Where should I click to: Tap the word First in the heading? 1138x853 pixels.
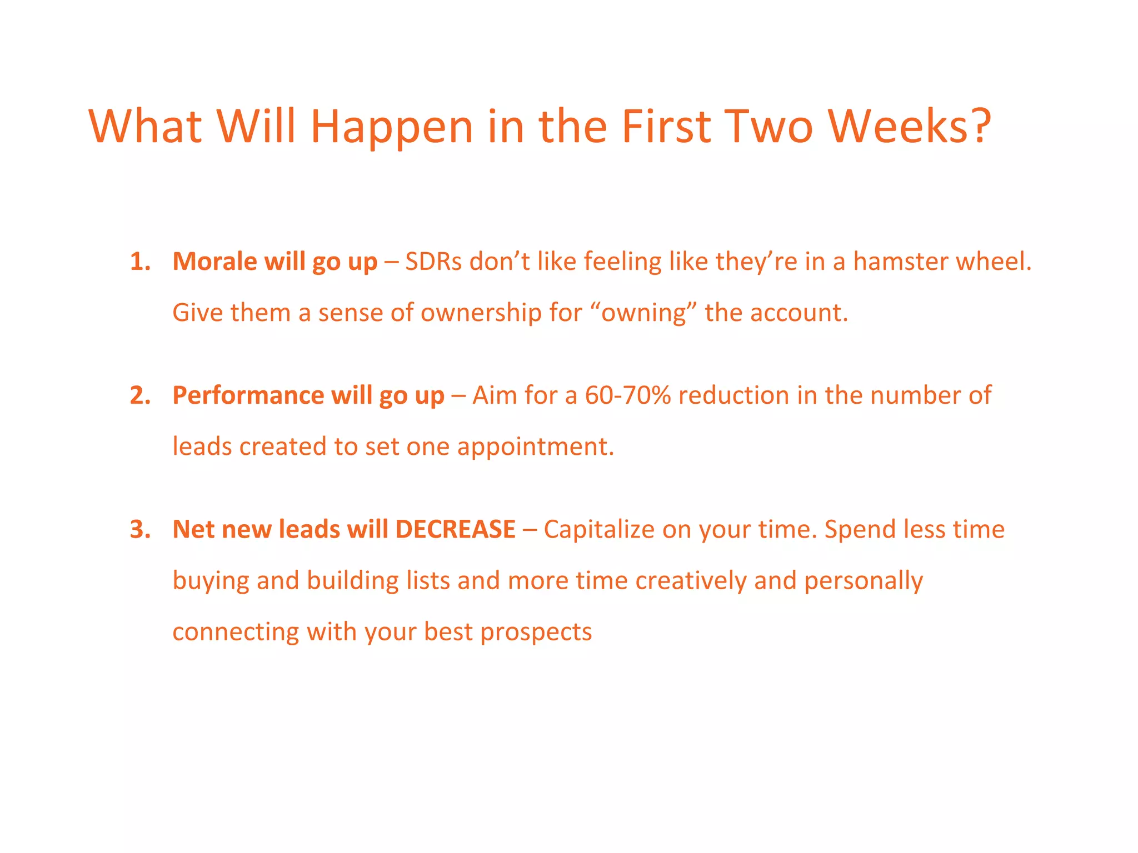coord(666,127)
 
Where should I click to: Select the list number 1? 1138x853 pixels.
coord(140,262)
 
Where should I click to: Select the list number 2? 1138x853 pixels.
coord(140,395)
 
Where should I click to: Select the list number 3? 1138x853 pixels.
coord(140,529)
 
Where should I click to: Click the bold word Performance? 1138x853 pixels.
coord(248,395)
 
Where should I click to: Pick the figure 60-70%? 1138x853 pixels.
coord(628,395)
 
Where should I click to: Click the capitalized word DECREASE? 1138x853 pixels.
coord(455,529)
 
